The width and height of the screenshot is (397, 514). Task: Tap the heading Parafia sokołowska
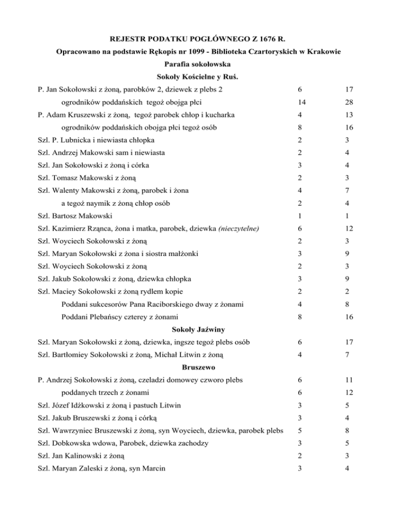[x=198, y=66]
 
